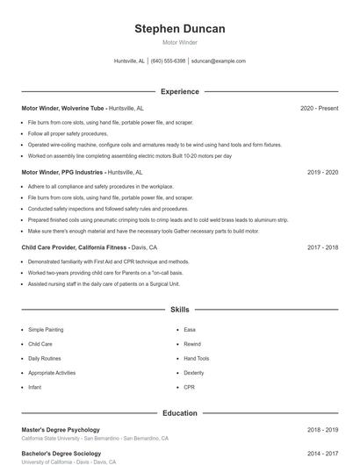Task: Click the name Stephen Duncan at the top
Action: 180,29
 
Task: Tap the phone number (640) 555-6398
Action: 168,61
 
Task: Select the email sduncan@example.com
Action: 219,61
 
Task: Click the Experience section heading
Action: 180,91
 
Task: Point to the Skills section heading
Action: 180,310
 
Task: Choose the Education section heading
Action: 180,412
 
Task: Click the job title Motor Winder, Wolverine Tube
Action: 62,108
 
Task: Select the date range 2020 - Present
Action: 319,108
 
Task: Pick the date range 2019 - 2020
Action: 322,173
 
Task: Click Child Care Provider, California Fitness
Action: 76,247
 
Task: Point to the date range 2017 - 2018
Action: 322,247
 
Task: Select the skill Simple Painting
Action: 46,330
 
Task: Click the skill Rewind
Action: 192,344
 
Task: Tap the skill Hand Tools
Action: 197,358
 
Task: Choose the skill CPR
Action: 189,387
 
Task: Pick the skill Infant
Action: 35,387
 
